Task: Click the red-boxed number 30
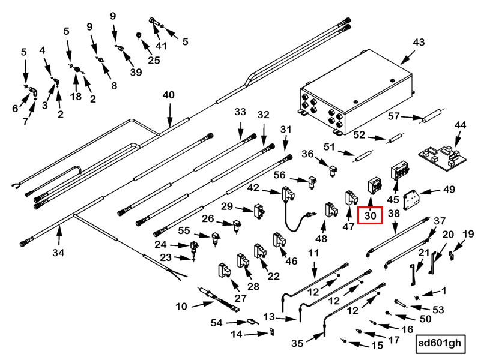tap(369, 214)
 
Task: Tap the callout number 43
tap(419, 43)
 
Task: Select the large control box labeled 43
tap(354, 96)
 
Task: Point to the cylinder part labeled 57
tap(431, 116)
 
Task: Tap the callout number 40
tap(169, 95)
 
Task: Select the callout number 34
tap(58, 253)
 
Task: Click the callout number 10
tap(181, 307)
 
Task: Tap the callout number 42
tap(253, 188)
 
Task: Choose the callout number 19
tap(468, 233)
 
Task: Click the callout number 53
tap(438, 309)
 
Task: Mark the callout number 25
tap(154, 60)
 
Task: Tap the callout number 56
tap(279, 175)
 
